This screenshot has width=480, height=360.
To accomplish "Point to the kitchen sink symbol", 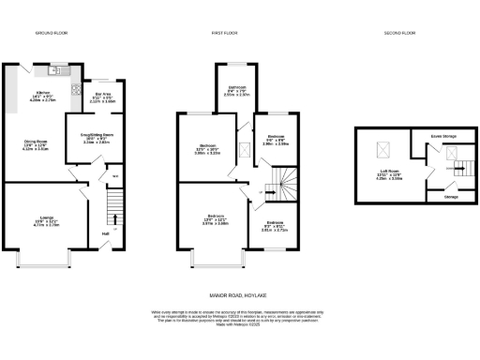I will click(55, 70).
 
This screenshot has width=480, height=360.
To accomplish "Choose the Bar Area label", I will click(97, 96).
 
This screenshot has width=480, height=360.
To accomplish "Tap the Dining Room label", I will click(36, 144).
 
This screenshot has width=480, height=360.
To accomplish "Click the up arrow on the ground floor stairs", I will click(113, 228).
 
